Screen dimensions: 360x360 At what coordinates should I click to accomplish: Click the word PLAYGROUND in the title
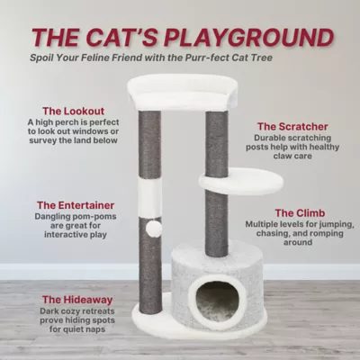[x=248, y=38]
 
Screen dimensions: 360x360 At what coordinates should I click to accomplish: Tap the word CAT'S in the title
[x=125, y=38]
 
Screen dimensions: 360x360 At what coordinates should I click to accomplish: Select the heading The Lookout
[x=73, y=111]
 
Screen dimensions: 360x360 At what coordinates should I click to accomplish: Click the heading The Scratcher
[x=292, y=127]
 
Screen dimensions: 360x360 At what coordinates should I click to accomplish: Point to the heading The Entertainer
[x=76, y=205]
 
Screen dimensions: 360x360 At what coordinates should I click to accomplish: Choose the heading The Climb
[x=300, y=213]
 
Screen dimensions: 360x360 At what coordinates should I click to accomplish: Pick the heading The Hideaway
[x=77, y=300]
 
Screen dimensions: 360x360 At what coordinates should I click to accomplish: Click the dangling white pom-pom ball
[x=153, y=229]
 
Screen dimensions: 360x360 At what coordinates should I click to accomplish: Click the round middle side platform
[x=241, y=181]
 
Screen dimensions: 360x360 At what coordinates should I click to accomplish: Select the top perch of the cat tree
[x=183, y=93]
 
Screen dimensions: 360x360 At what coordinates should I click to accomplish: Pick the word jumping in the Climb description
[x=336, y=225]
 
